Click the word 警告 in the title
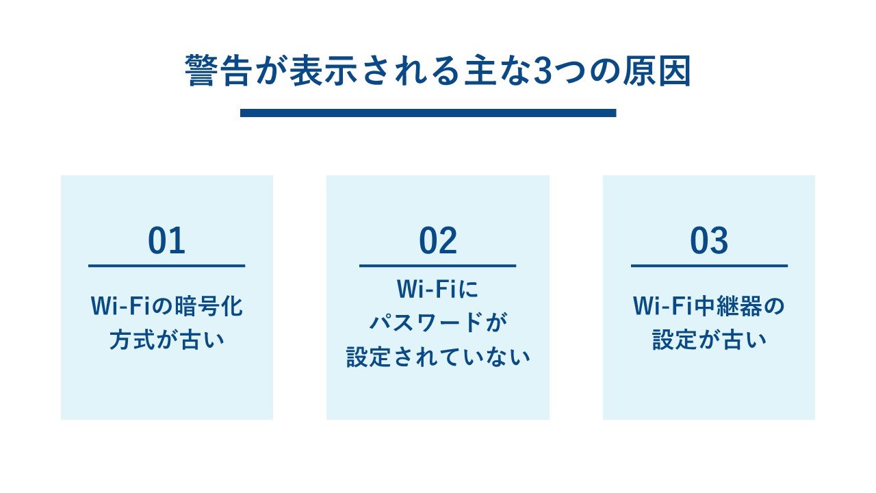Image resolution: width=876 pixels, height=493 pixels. [218, 71]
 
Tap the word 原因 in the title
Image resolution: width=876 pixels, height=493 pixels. [657, 71]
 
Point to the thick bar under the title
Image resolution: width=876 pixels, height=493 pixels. [428, 113]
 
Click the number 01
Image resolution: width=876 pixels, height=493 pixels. [166, 240]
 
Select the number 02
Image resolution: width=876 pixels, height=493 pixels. [438, 240]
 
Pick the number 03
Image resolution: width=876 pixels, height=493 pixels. [709, 240]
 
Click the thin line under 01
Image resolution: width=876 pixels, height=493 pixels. [166, 266]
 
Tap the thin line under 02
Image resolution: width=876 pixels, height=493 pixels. [437, 266]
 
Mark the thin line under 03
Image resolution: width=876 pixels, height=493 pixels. [709, 266]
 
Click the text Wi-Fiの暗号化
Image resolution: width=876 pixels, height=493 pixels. [167, 306]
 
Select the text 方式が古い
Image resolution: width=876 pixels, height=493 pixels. [167, 340]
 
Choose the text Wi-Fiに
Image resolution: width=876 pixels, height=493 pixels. [437, 289]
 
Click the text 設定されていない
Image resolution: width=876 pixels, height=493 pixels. [438, 357]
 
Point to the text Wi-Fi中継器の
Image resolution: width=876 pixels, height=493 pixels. [709, 306]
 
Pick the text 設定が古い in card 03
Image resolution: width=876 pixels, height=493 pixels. [709, 340]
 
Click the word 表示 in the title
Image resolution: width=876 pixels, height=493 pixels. [324, 71]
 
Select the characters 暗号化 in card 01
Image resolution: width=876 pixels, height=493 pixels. [209, 306]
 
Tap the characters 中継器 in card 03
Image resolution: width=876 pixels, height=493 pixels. [728, 306]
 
